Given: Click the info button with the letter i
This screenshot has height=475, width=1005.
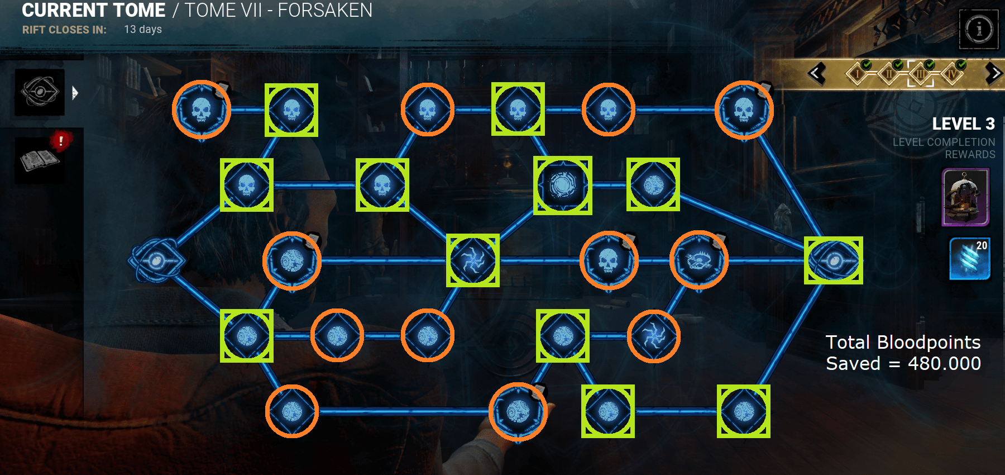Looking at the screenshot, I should click(x=978, y=29).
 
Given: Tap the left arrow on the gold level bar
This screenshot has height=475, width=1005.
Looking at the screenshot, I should click(x=816, y=73).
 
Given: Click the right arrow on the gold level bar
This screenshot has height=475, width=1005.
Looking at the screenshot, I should click(x=994, y=73).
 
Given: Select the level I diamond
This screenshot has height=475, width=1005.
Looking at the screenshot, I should click(x=858, y=73).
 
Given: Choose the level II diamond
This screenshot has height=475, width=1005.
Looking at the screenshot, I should click(x=889, y=73).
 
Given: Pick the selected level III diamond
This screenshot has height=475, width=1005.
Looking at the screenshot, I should click(x=921, y=73).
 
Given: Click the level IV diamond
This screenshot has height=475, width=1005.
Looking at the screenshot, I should click(x=952, y=73).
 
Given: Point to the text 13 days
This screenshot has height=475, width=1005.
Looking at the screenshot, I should click(x=143, y=29).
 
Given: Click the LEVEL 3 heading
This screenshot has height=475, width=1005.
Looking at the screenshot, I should click(x=963, y=123).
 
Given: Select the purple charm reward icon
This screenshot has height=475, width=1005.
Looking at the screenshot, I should click(x=965, y=197).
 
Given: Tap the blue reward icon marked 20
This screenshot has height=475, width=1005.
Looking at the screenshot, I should click(x=970, y=258).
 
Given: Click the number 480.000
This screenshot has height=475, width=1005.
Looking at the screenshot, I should click(x=944, y=364).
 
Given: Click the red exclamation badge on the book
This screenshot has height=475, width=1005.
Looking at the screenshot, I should click(x=61, y=141).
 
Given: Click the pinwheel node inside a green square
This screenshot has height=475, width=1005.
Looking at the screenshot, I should click(x=472, y=260).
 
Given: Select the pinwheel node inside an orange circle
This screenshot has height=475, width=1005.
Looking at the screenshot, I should click(x=653, y=336).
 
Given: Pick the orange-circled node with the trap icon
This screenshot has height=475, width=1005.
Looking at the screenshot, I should click(x=698, y=260).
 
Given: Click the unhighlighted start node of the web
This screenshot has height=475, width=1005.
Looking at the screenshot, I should click(x=156, y=260).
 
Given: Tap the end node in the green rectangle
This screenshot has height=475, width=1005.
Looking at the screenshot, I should click(x=833, y=260).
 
